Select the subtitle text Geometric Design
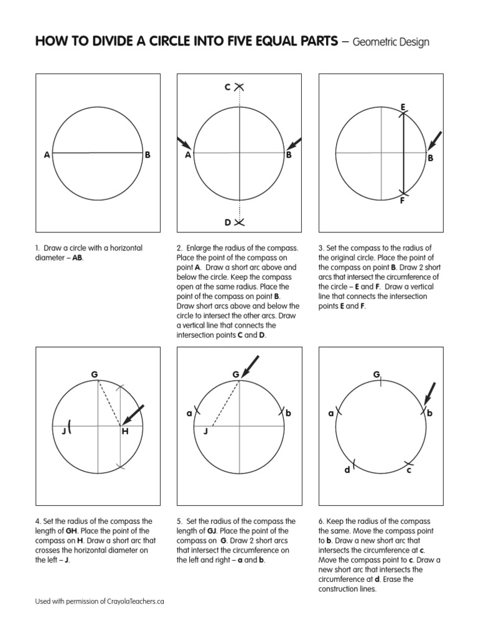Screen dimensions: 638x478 coord(390,42)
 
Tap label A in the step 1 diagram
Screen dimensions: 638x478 coord(47,156)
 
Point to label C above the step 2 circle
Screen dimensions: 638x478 coord(228,87)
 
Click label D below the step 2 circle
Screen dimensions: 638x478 coord(228,222)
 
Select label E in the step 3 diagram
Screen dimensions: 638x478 coord(403,108)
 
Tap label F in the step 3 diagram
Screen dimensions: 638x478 coord(403,201)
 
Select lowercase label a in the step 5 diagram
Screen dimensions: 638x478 coord(189,413)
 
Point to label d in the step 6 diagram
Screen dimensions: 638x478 coord(348,470)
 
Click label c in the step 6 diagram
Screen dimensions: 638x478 coord(409,470)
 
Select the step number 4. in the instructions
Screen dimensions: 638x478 coord(38,521)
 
